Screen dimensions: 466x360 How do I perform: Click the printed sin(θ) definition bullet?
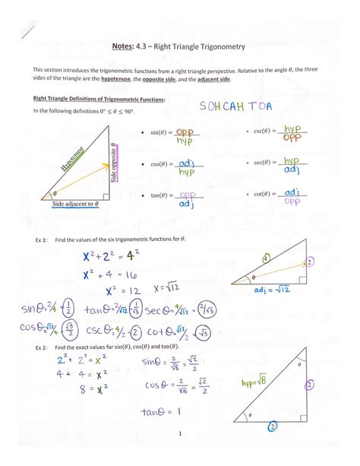point(162,135)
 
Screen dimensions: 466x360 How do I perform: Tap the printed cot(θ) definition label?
point(263,194)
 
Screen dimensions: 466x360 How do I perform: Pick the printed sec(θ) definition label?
point(263,163)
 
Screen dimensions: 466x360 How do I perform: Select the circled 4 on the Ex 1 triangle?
point(265,258)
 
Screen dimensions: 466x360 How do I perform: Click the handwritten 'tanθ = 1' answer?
point(159,412)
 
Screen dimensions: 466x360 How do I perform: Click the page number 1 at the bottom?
point(180,434)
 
